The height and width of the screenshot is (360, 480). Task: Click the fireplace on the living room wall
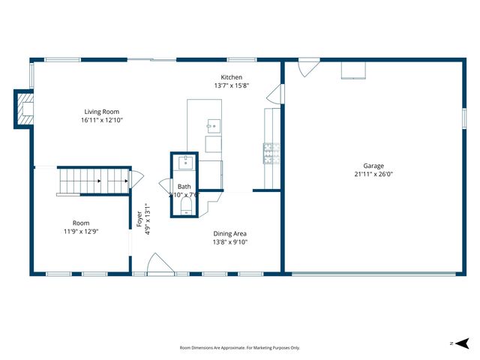click(x=24, y=109)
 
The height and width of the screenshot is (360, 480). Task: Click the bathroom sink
click(x=185, y=163)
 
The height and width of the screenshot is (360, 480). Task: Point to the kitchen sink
click(x=214, y=125)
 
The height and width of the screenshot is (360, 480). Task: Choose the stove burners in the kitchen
click(x=270, y=152)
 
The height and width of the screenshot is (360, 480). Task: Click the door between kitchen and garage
click(x=279, y=94)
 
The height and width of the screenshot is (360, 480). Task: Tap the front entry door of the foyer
click(x=160, y=264)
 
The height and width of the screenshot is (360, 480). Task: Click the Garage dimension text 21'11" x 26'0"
click(x=373, y=174)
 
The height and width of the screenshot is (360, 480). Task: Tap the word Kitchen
click(x=231, y=77)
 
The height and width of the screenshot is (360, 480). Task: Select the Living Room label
click(x=101, y=112)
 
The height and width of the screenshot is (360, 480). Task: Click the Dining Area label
click(x=229, y=233)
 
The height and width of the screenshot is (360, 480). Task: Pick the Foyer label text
click(x=139, y=219)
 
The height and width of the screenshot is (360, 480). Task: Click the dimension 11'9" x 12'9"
click(x=81, y=231)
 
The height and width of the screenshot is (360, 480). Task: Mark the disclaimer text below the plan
click(x=240, y=347)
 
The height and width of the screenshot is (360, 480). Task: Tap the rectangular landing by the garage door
click(x=354, y=70)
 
